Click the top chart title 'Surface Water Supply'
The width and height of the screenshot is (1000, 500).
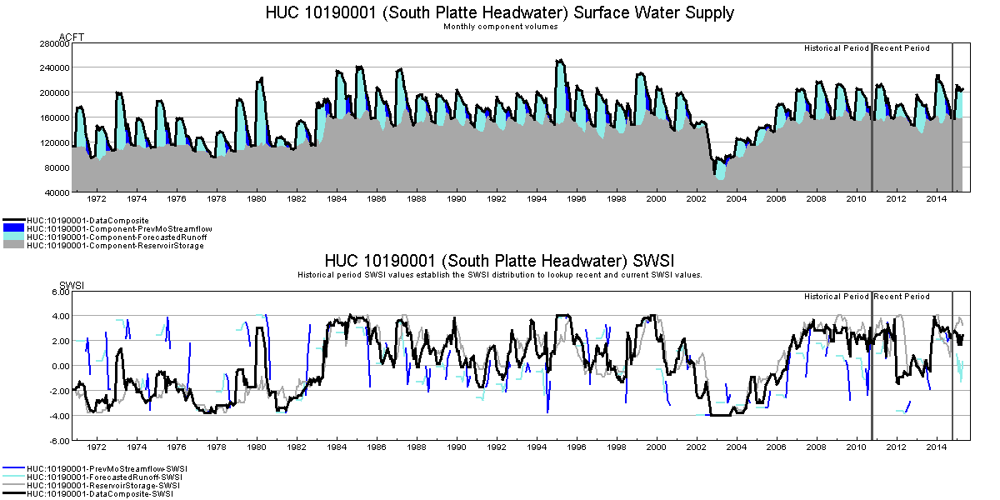coord(500,13)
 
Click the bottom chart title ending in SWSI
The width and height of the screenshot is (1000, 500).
coord(500,260)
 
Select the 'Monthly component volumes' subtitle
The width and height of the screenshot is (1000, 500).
coord(500,27)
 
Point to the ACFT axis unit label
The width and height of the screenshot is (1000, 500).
coord(72,37)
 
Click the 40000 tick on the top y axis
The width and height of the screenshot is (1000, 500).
coord(56,192)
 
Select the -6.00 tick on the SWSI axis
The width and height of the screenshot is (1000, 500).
coord(57,441)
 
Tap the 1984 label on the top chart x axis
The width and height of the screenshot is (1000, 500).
coord(337,199)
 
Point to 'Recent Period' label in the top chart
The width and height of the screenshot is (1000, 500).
coord(902,48)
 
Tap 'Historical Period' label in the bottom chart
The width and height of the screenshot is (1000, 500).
coord(836,297)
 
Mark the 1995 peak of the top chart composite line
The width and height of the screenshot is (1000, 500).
coord(560,60)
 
